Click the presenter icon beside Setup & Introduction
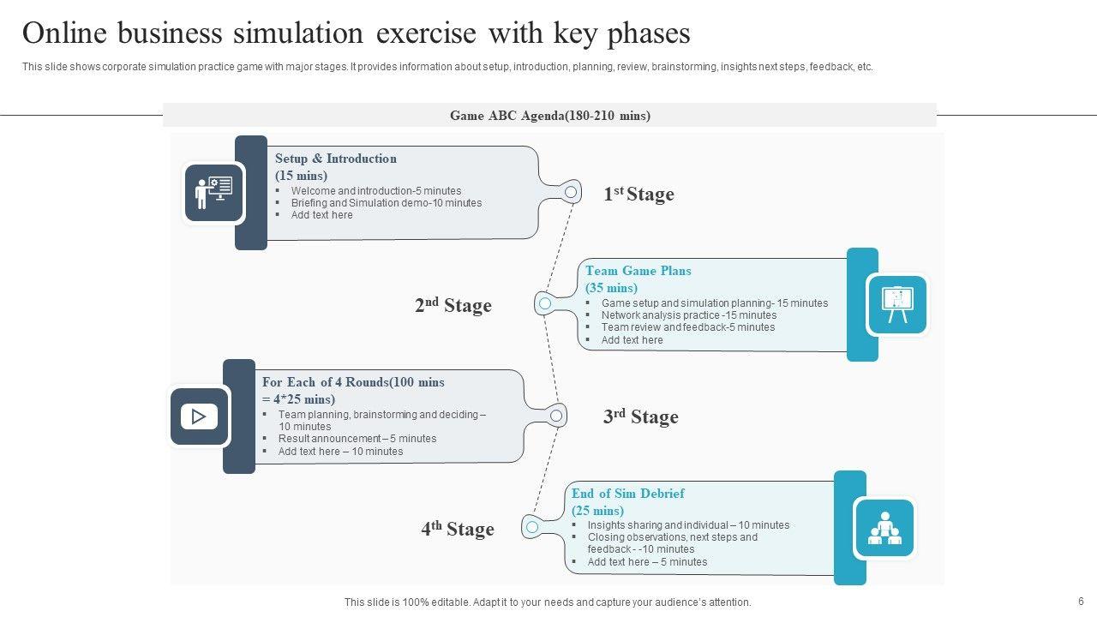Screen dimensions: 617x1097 [213, 193]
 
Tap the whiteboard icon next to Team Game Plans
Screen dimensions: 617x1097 [897, 304]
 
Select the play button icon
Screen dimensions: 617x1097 [199, 416]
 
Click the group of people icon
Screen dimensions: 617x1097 [884, 528]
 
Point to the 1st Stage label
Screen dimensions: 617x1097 [638, 195]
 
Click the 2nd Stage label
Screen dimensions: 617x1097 [453, 306]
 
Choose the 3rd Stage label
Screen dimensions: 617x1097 [640, 417]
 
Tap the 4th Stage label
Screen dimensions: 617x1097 [457, 529]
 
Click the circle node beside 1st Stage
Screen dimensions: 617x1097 [571, 192]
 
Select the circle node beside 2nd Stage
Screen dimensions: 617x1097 [545, 303]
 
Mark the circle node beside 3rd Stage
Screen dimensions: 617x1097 [557, 416]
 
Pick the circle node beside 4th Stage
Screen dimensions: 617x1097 [532, 526]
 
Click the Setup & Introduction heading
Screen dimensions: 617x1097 [335, 159]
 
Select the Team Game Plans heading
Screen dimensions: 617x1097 [638, 271]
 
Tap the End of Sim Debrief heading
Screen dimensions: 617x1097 [627, 494]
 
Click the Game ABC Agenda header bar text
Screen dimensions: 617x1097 [549, 116]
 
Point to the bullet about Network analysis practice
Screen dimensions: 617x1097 [688, 315]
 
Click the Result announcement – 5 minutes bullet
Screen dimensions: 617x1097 [357, 439]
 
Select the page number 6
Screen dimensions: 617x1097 [1081, 602]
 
